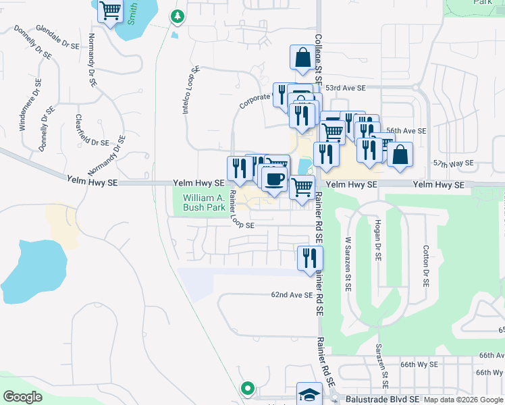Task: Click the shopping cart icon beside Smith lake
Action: coord(110,10)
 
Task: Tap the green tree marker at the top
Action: coord(177,16)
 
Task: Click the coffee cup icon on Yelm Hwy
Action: coord(274,180)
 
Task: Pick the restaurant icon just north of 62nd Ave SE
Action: coord(311,258)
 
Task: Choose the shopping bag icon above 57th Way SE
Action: coord(400,155)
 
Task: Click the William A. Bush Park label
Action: coord(204,202)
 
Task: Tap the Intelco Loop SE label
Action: coord(192,88)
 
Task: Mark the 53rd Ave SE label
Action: coord(345,88)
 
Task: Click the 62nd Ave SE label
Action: coord(292,295)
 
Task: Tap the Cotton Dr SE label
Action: coord(426,267)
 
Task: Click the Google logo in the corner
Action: coord(22,397)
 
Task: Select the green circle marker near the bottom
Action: coord(248,388)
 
